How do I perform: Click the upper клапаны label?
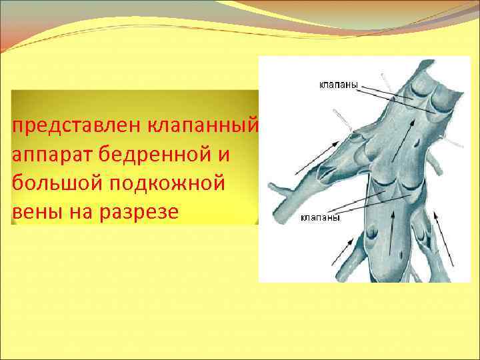[338, 85]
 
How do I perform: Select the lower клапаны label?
[321, 217]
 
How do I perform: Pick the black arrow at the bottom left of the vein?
[344, 254]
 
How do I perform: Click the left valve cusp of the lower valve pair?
[385, 193]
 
